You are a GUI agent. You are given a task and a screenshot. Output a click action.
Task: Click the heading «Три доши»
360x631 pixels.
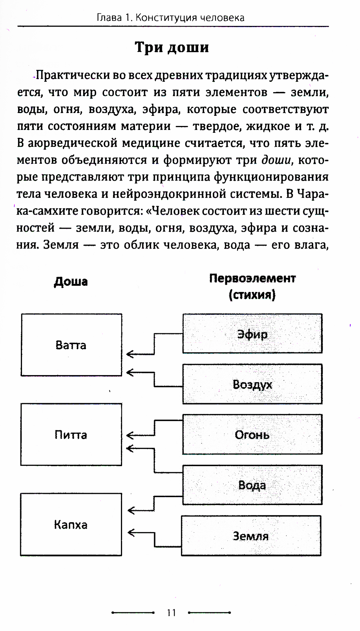coord(172,48)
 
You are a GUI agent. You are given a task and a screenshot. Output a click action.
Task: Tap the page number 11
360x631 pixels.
coord(171,612)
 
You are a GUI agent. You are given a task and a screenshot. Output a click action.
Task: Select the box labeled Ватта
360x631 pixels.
coord(71,345)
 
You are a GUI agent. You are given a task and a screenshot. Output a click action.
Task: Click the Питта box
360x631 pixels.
coord(71,434)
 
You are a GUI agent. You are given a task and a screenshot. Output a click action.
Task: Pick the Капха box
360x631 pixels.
coord(71,524)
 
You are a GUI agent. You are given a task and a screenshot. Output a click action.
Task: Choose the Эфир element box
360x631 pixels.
coord(252,334)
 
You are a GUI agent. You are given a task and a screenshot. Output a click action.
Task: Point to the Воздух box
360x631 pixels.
coord(252,384)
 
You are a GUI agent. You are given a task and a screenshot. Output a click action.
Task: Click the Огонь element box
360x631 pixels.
coord(252,434)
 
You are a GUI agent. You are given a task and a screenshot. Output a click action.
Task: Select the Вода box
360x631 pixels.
coord(252,485)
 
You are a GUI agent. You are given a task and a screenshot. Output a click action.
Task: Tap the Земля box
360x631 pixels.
coord(251,536)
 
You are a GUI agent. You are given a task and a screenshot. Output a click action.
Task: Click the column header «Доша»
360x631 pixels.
coord(71,281)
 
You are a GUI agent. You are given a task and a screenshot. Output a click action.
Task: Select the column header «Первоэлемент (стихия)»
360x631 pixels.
coord(252,287)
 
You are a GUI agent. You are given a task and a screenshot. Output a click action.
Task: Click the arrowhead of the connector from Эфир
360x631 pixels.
coord(130,355)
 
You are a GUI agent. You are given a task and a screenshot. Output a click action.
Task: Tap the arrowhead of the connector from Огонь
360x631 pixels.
coord(130,435)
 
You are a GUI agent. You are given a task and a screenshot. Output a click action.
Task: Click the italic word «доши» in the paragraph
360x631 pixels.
coord(276,160)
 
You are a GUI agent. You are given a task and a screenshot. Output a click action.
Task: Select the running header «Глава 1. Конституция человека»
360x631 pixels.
coord(171,18)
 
